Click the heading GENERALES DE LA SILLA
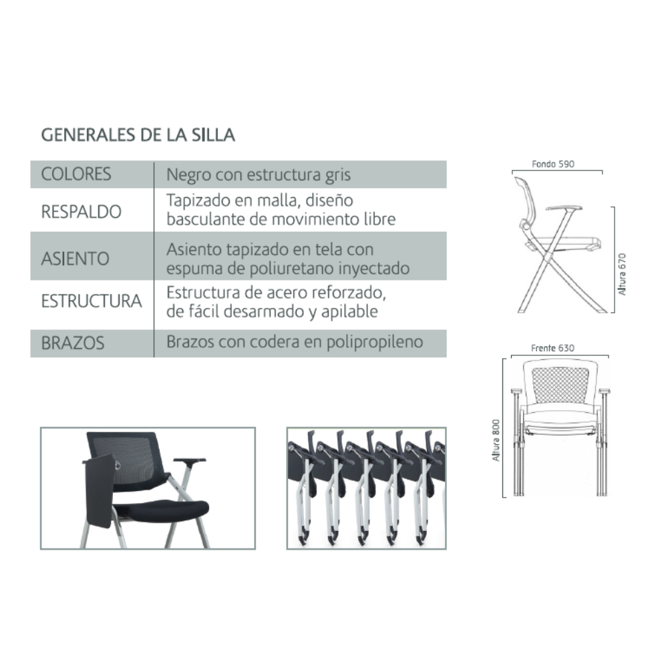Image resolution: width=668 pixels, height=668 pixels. pyautogui.click(x=138, y=135)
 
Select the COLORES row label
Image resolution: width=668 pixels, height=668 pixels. pyautogui.click(x=76, y=174)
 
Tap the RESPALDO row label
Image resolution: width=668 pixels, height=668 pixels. pyautogui.click(x=81, y=212)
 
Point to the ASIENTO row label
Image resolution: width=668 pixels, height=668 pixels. pyautogui.click(x=75, y=259)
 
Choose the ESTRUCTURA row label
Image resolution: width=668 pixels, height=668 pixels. pyautogui.click(x=92, y=301)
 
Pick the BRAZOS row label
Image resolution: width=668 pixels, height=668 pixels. pyautogui.click(x=73, y=343)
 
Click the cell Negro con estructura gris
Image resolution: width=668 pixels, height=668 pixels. pyautogui.click(x=259, y=174)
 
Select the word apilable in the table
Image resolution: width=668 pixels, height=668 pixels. pyautogui.click(x=349, y=312)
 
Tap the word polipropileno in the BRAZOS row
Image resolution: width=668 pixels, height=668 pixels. pyautogui.click(x=375, y=342)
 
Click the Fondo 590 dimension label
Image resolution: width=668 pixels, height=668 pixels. pyautogui.click(x=553, y=164)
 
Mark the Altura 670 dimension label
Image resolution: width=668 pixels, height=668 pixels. pyautogui.click(x=623, y=275)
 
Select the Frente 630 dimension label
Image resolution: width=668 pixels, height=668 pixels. pyautogui.click(x=552, y=348)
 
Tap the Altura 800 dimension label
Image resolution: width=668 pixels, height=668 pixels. pyautogui.click(x=496, y=440)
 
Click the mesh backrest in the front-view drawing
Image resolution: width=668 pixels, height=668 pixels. pyautogui.click(x=560, y=385)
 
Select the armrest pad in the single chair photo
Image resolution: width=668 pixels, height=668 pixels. pyautogui.click(x=190, y=460)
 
